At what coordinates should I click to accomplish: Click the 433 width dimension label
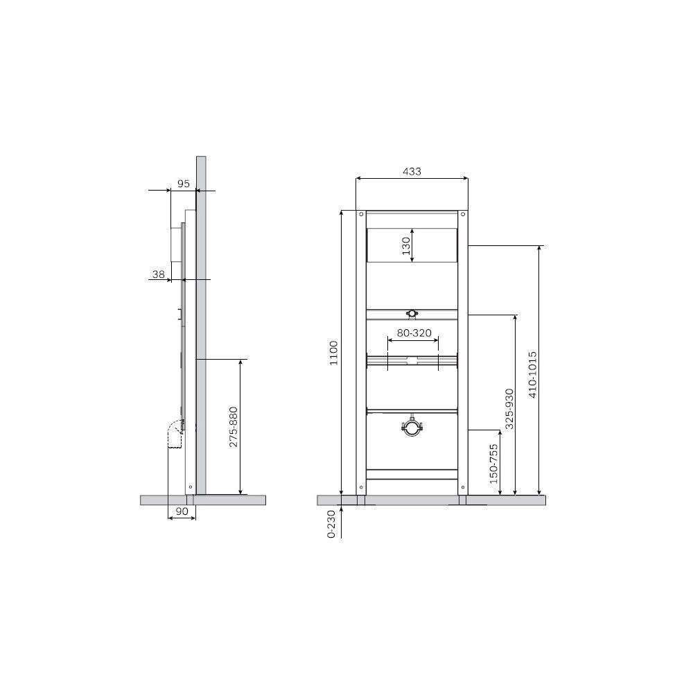412,171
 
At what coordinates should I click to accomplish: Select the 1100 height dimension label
334,353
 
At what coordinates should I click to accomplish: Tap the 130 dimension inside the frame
405,246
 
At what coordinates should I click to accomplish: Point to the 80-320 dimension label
414,333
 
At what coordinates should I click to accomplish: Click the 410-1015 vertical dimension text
532,374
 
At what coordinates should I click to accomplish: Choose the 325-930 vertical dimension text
509,408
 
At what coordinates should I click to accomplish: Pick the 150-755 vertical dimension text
493,464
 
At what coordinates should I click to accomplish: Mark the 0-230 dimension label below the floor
331,524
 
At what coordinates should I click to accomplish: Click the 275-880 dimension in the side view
234,427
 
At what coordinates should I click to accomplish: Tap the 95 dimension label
184,184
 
